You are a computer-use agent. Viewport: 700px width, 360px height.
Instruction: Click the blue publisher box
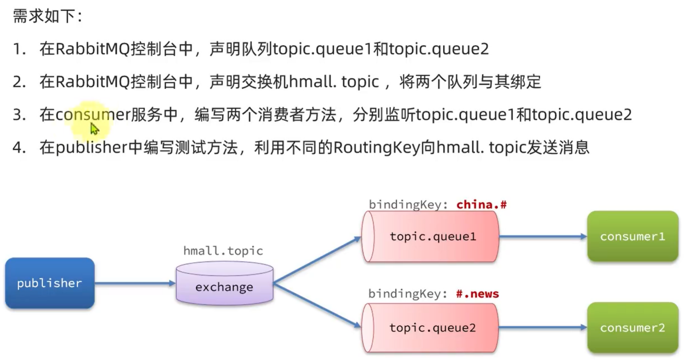[x=50, y=283]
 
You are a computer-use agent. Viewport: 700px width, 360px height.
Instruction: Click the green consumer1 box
[x=633, y=237]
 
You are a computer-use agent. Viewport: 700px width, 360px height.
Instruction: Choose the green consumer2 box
[x=633, y=328]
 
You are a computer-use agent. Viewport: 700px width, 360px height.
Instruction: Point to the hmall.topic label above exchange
[x=223, y=251]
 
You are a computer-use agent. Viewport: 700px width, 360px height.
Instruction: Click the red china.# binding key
[x=481, y=205]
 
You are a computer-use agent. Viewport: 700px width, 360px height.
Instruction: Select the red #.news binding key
[x=477, y=294]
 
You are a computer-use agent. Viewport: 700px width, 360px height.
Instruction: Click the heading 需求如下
[x=47, y=17]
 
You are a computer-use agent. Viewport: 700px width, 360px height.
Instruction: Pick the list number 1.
[x=19, y=49]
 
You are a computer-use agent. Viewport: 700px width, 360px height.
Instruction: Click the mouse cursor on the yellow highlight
[x=94, y=129]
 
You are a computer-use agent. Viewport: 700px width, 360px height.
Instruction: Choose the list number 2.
[x=19, y=82]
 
